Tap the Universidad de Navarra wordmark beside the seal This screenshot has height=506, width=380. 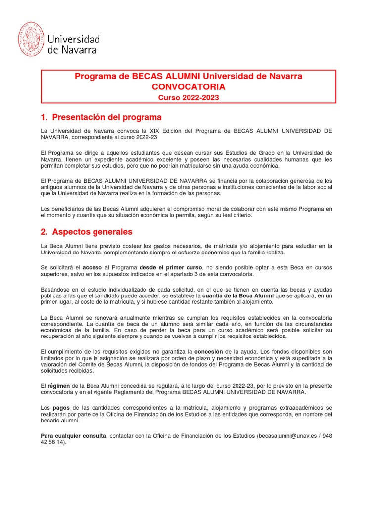coord(73,44)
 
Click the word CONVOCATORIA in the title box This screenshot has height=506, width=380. coord(188,87)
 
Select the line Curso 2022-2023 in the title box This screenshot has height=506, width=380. coord(188,98)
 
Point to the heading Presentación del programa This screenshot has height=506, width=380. coord(107,118)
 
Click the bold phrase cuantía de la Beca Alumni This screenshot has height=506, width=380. coord(235,295)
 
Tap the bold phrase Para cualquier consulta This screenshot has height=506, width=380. coord(73,436)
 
